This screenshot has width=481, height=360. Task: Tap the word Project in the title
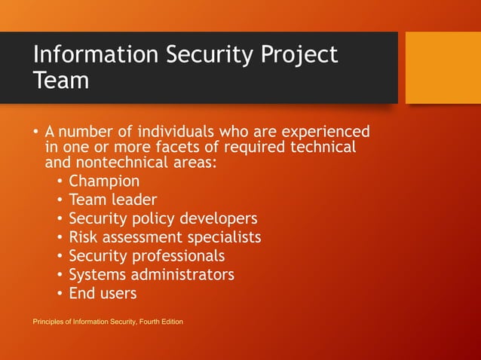(x=299, y=56)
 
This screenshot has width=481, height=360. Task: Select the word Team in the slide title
(x=61, y=80)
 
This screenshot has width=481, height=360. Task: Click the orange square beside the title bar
(x=443, y=67)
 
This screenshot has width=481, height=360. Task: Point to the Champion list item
(x=104, y=182)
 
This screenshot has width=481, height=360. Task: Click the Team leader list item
(x=112, y=200)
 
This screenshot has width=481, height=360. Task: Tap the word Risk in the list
(x=84, y=237)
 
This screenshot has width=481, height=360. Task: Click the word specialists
(x=222, y=238)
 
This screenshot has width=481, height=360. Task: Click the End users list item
(x=103, y=293)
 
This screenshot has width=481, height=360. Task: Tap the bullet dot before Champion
(x=60, y=182)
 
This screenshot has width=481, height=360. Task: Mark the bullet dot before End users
(x=60, y=294)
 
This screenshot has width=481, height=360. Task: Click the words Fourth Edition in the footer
(x=162, y=322)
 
